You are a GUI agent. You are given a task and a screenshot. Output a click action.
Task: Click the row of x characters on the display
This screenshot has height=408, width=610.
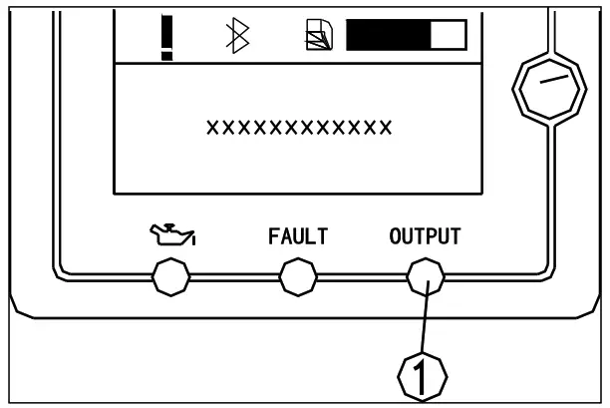298,128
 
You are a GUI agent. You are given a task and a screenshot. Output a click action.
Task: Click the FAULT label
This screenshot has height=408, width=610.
298,237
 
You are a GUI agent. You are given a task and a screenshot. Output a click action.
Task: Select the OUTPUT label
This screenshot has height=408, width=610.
424,237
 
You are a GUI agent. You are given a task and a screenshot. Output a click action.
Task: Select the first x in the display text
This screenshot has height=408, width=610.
210,128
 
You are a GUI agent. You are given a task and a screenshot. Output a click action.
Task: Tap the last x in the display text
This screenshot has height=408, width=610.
386,128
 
